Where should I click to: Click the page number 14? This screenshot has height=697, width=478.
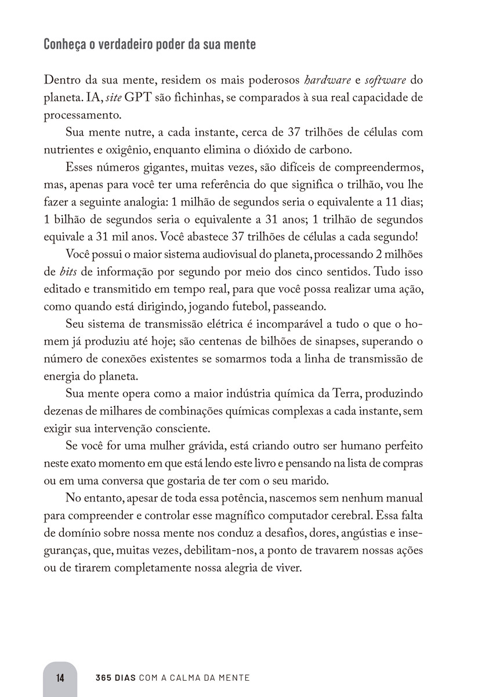coord(60,677)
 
